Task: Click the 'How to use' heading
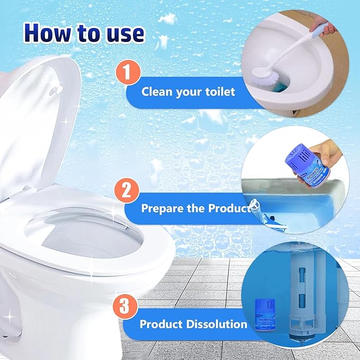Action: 84,32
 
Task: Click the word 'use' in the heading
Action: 123,32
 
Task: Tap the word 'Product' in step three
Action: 161,324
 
